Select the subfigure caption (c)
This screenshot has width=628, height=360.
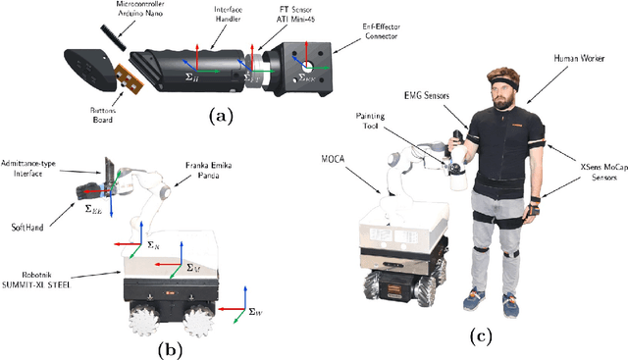480,335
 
